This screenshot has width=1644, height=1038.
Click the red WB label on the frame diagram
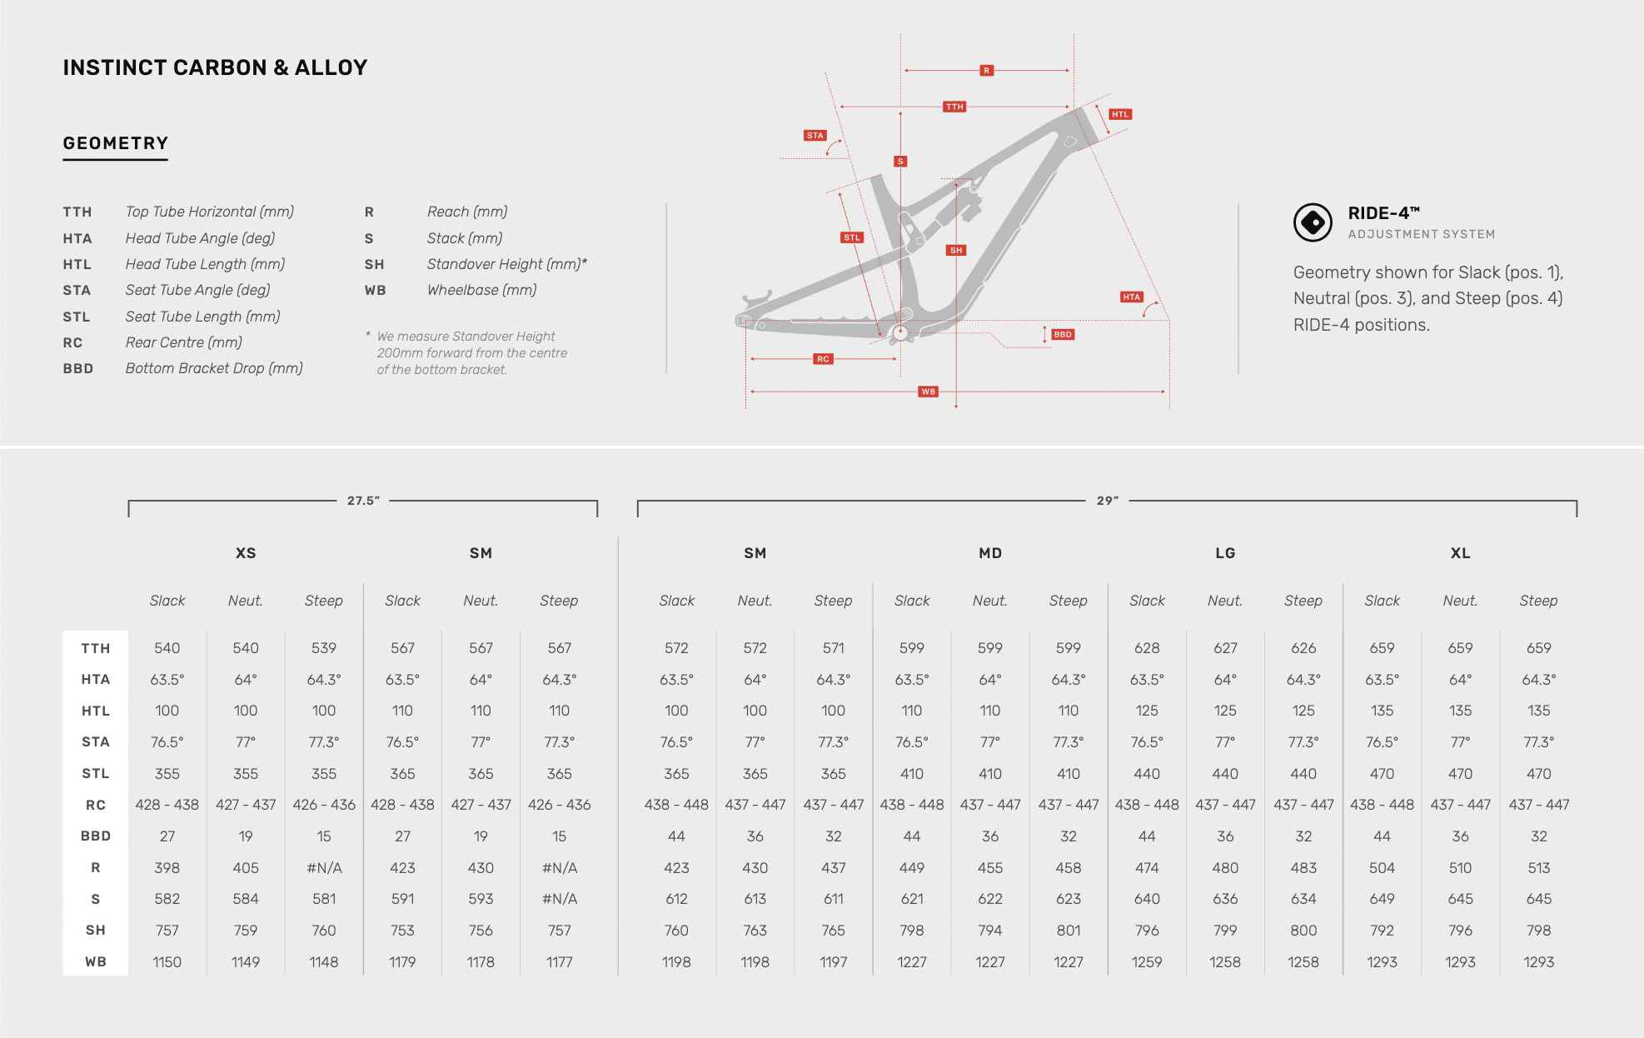(928, 392)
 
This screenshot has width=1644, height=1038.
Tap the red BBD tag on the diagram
(1063, 335)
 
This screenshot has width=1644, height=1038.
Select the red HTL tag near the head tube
(1120, 115)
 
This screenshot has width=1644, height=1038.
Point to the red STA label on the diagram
(815, 136)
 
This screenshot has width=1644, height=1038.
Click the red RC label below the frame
(823, 359)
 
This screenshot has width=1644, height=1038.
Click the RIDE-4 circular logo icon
(1313, 222)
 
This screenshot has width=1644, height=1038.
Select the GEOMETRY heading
(116, 143)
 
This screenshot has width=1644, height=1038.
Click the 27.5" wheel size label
(363, 501)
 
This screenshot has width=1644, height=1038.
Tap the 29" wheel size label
(1107, 501)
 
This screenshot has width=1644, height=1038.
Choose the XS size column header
(246, 553)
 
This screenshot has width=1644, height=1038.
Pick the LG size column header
(1225, 553)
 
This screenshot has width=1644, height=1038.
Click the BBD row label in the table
(96, 836)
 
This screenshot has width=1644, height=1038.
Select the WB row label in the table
(96, 962)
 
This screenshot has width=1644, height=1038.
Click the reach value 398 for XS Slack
(167, 868)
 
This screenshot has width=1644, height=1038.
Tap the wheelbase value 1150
(167, 962)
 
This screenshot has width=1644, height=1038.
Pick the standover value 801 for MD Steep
(1069, 931)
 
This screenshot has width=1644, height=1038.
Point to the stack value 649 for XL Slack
(1382, 899)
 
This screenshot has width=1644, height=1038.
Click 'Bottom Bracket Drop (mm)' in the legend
(214, 368)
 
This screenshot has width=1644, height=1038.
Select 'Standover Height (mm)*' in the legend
(506, 264)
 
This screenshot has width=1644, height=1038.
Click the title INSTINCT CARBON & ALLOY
(215, 67)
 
